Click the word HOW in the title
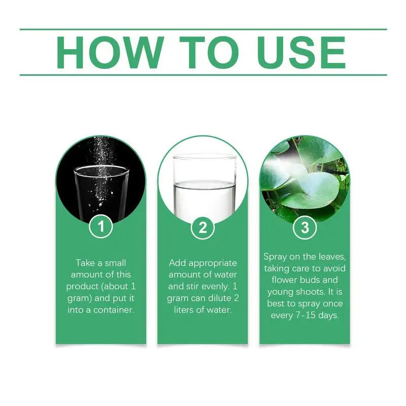coord(110,52)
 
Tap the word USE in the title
coord(301,52)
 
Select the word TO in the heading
coord(209,52)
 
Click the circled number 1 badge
coord(100,226)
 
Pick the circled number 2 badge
coord(202,227)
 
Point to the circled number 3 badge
coord(305,227)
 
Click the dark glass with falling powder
coord(101,179)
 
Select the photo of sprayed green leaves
coord(304,179)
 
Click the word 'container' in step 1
coord(114,310)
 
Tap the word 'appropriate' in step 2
coord(213,263)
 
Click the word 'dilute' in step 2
coord(220,298)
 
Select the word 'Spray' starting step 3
coord(275,257)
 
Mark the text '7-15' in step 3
coord(306,316)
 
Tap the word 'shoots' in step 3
coord(311,292)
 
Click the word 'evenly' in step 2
coord(215,287)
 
